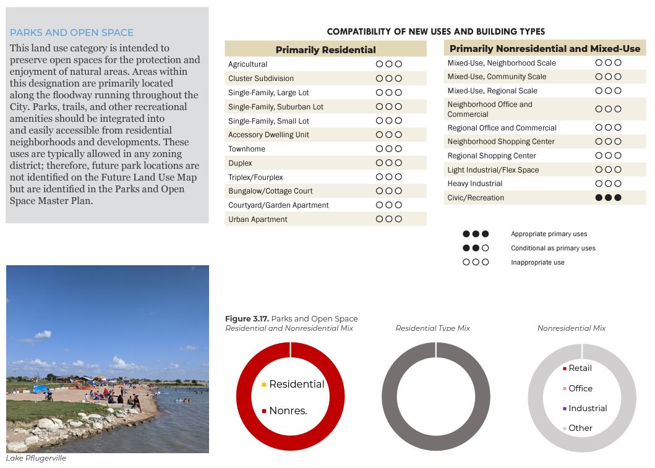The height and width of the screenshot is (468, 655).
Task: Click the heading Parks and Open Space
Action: point(71,33)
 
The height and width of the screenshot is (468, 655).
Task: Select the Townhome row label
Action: point(247,149)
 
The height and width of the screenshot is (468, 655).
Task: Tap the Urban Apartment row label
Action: point(257,219)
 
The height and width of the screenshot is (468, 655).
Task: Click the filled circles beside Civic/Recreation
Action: point(608,198)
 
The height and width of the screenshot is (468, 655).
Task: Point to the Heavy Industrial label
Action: point(474,184)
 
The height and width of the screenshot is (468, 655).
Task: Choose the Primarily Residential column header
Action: point(325,49)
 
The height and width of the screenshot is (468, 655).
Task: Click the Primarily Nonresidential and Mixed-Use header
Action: point(544,48)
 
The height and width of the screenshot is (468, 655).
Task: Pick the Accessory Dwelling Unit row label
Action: point(268,135)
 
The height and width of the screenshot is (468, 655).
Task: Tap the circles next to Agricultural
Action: point(389,64)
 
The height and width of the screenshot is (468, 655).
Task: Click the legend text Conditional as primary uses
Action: point(553,249)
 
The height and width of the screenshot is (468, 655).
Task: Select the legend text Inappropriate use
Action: point(537,263)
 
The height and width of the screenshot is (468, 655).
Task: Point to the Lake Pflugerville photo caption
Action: point(36,459)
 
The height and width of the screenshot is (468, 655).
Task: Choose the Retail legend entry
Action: point(580,368)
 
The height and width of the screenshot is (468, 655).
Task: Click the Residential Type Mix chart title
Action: point(432,328)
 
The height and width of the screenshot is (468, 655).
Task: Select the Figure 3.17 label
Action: point(247,319)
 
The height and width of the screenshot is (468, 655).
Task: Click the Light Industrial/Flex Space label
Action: point(493,170)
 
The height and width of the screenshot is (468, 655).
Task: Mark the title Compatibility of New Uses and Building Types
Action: point(435,32)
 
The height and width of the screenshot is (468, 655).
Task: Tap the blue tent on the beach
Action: point(40,389)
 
